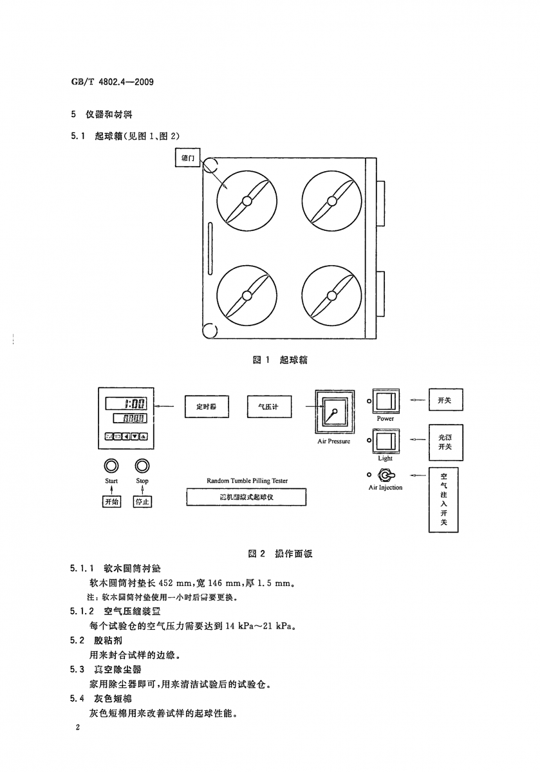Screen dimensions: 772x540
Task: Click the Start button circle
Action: (111, 466)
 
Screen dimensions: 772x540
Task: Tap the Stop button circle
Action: (142, 466)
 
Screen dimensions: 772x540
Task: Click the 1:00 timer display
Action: (127, 404)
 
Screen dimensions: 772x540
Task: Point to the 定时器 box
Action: (206, 407)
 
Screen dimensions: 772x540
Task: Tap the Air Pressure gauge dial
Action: (333, 411)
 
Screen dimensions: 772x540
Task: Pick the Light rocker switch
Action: (386, 441)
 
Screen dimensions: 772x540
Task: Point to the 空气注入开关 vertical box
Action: (443, 500)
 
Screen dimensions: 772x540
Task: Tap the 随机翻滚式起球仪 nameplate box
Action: (247, 497)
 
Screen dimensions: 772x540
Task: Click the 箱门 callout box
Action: (189, 158)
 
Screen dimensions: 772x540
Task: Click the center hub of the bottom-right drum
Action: (331, 295)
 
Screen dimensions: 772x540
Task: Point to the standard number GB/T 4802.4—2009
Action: (113, 83)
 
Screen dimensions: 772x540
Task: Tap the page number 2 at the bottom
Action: (77, 728)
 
